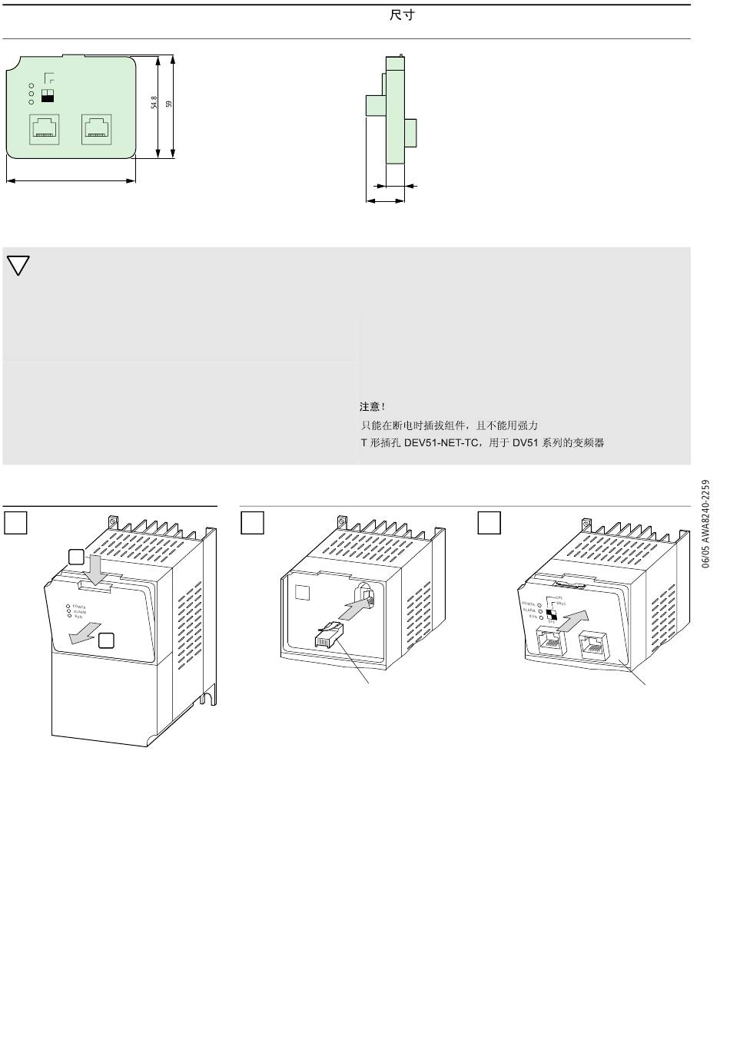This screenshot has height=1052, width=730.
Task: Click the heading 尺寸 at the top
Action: tap(402, 15)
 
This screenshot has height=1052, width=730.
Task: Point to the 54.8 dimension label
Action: tap(154, 102)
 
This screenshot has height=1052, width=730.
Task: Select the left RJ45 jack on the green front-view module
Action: tap(45, 129)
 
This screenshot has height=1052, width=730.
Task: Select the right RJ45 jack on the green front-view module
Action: tap(97, 129)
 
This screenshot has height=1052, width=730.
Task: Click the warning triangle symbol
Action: tap(18, 265)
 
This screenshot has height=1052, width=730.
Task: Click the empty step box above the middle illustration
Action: tap(252, 522)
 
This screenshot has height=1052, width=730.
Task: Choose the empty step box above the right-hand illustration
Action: tap(489, 522)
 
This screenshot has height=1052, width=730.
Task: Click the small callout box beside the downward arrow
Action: tap(75, 557)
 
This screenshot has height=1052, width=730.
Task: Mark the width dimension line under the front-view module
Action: tap(71, 181)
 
